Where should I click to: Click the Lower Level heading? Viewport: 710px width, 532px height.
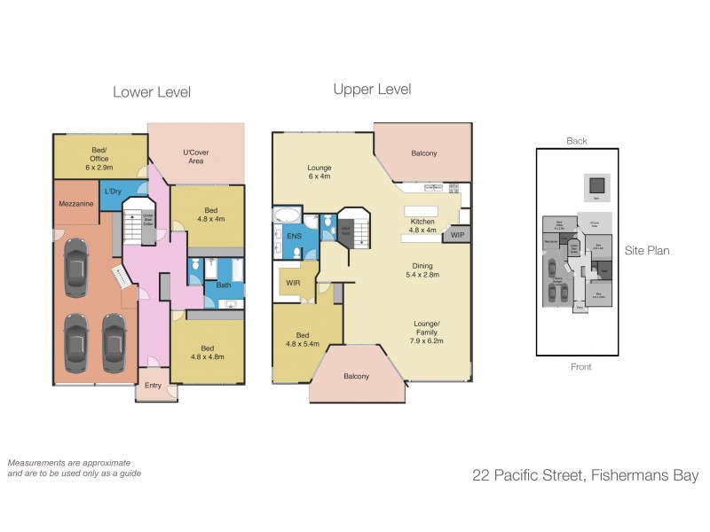pyautogui.click(x=151, y=92)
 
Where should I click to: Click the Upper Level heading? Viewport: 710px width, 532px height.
pyautogui.click(x=372, y=90)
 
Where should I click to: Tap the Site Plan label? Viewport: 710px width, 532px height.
pyautogui.click(x=646, y=251)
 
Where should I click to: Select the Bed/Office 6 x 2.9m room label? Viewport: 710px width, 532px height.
pyautogui.click(x=97, y=159)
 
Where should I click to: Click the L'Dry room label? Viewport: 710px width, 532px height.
pyautogui.click(x=114, y=191)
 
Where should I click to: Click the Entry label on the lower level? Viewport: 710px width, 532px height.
pyautogui.click(x=153, y=386)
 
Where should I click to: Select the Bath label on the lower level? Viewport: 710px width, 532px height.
pyautogui.click(x=223, y=286)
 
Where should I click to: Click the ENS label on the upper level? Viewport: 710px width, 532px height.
pyautogui.click(x=294, y=236)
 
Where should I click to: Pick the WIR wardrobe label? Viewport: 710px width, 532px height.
pyautogui.click(x=293, y=284)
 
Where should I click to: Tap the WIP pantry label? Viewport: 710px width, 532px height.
pyautogui.click(x=457, y=235)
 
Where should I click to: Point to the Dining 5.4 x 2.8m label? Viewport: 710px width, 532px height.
pyautogui.click(x=422, y=270)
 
